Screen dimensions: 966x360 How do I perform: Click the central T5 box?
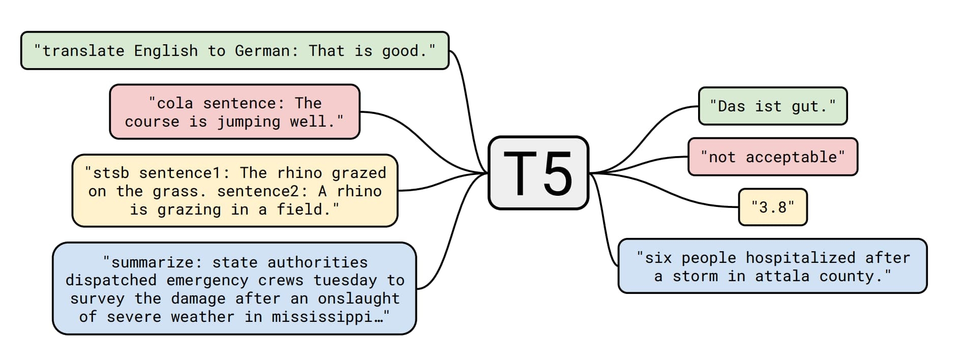point(538,173)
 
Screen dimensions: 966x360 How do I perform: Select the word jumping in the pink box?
point(249,122)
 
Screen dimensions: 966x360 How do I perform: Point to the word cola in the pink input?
point(175,103)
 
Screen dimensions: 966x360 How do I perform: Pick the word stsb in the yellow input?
point(111,173)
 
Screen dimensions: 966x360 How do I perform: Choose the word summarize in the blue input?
point(152,262)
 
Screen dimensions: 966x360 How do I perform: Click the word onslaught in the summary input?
point(359,298)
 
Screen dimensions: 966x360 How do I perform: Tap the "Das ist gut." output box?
point(773,106)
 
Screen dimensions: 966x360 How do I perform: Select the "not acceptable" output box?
point(773,157)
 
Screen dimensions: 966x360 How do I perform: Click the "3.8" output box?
point(773,207)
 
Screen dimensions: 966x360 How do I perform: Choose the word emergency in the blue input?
point(207,281)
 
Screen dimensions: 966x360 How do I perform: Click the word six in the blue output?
point(658,258)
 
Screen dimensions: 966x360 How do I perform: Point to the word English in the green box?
point(166,51)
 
